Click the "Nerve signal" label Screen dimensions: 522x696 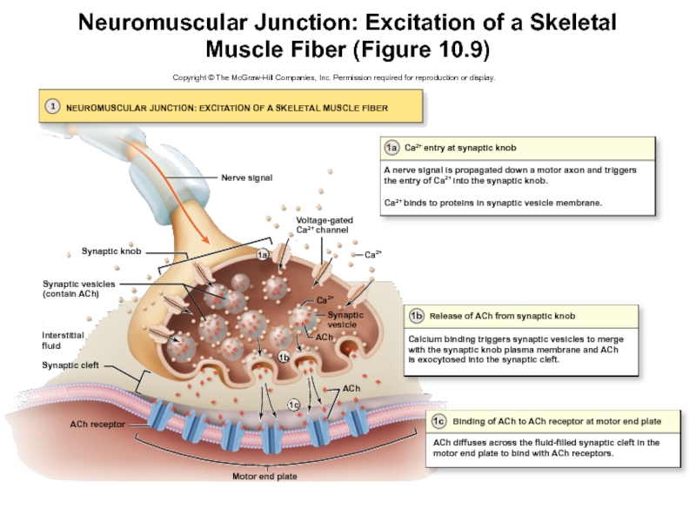coord(246,177)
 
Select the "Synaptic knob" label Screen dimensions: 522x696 coord(111,251)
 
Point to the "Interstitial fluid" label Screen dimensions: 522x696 coord(63,340)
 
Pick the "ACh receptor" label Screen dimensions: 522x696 coord(98,425)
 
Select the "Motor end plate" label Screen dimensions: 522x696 coord(259,476)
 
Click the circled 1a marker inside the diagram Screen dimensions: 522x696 coord(264,255)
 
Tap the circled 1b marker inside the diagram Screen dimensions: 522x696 coord(284,358)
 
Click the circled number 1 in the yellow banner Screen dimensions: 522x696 coord(53,106)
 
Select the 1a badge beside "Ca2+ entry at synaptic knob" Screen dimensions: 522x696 coord(392,148)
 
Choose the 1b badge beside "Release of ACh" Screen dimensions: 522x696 coord(417,315)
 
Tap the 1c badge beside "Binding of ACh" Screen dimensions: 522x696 coord(440,422)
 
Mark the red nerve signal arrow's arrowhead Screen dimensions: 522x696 coord(207,239)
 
